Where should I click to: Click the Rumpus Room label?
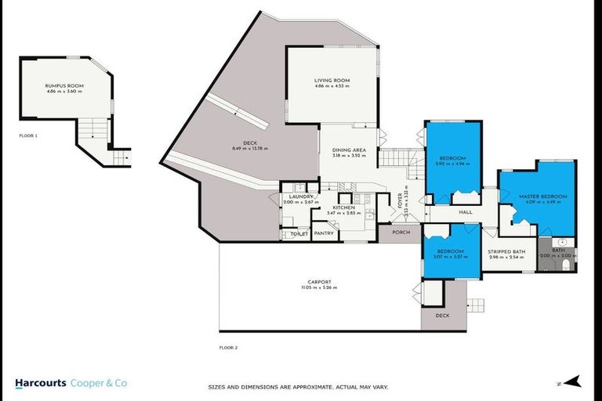[64, 86]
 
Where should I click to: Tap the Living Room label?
[332, 81]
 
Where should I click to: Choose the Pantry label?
[324, 233]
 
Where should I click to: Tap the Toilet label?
[299, 233]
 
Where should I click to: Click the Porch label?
[401, 232]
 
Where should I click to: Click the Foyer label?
[399, 202]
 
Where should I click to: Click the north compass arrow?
[574, 381]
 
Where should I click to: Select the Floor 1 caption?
[29, 135]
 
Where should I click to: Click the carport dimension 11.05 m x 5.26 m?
[319, 288]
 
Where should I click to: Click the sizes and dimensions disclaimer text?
[297, 387]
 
